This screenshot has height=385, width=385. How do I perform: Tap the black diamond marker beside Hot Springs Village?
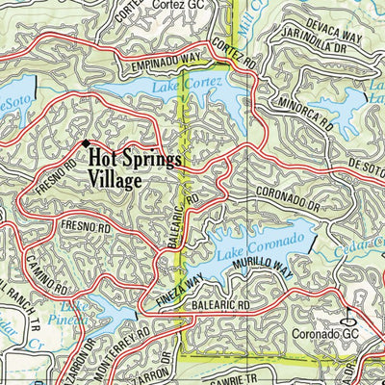pyautogui.click(x=84, y=143)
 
